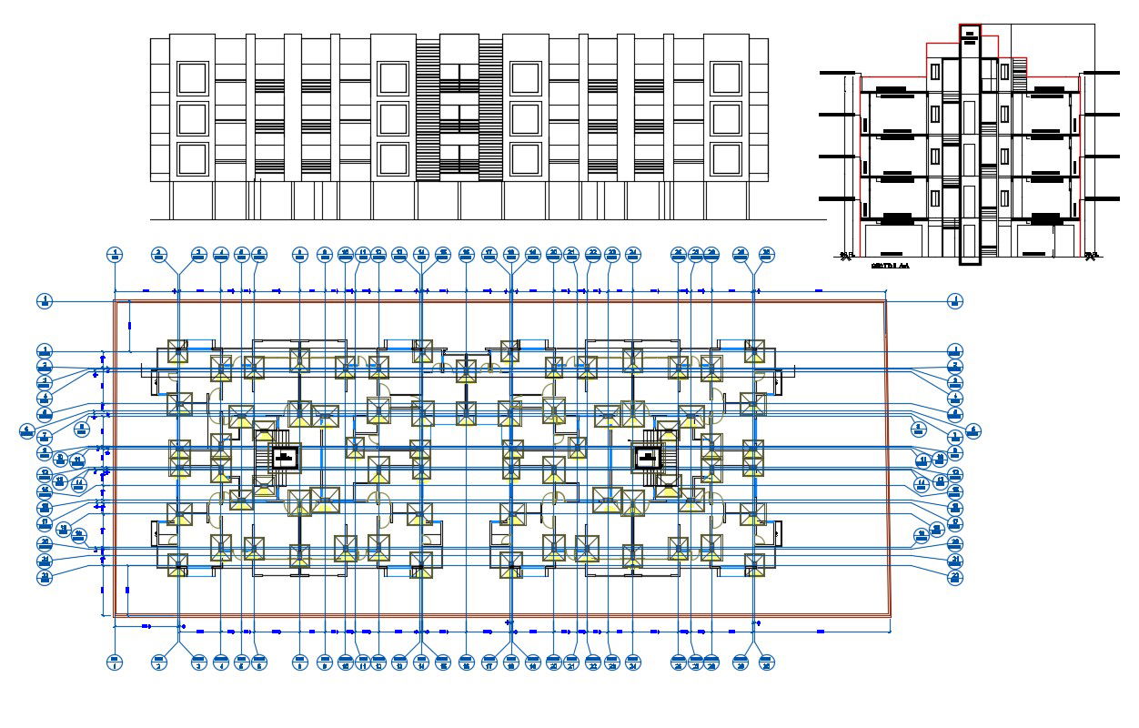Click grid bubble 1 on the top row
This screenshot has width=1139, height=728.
click(x=115, y=255)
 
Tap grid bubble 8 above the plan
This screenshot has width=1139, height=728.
click(x=300, y=255)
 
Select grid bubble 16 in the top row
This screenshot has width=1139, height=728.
click(x=466, y=255)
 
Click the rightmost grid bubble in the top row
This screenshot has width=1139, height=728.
click(x=767, y=255)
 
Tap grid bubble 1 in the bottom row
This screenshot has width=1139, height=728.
click(x=115, y=663)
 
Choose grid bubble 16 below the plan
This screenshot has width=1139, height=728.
click(x=466, y=663)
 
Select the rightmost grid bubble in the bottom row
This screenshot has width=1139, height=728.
click(x=767, y=663)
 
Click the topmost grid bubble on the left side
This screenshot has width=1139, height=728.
click(x=45, y=300)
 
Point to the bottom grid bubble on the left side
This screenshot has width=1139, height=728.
click(x=45, y=576)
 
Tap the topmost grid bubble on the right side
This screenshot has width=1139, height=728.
click(x=954, y=300)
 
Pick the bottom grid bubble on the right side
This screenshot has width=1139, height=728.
click(x=954, y=576)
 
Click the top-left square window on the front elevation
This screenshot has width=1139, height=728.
click(x=193, y=78)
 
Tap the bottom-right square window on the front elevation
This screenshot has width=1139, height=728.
click(x=726, y=158)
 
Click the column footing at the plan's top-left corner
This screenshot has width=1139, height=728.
click(x=177, y=352)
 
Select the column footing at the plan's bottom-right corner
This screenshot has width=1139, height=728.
click(x=753, y=565)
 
